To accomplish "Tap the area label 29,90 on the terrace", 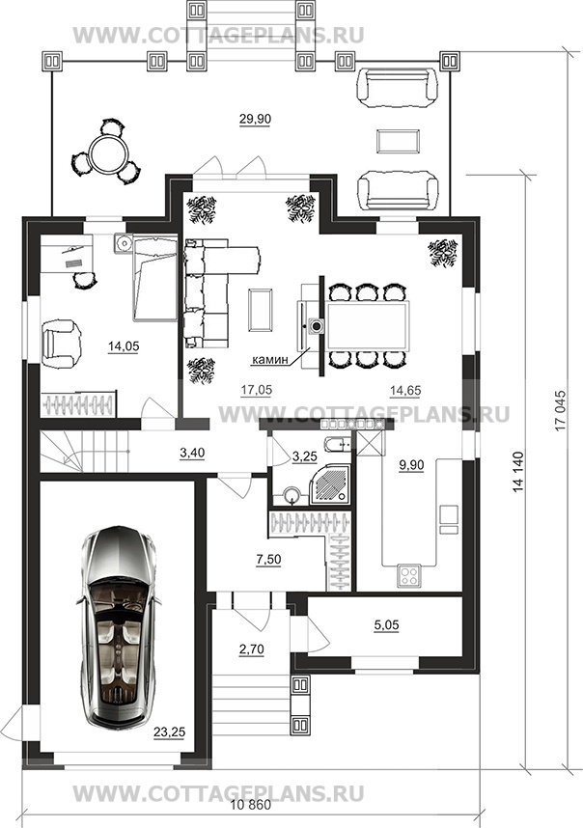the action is click(x=255, y=120).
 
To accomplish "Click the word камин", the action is click(x=270, y=361).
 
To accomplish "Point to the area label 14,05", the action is click(x=124, y=346).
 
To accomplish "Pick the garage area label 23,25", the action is click(x=170, y=732).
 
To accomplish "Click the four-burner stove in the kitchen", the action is click(x=409, y=575).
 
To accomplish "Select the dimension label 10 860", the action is click(x=250, y=806).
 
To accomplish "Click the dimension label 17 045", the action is click(x=560, y=410).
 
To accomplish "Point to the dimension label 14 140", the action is click(x=518, y=473).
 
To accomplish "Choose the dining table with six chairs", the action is click(x=368, y=326).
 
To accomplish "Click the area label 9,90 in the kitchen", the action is click(x=412, y=465).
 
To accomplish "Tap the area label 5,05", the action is click(x=386, y=625).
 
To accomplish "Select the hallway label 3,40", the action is click(x=192, y=453).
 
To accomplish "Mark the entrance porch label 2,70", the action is click(x=251, y=649).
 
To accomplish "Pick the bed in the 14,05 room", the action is click(x=154, y=278).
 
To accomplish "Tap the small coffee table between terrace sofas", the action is click(x=399, y=141).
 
